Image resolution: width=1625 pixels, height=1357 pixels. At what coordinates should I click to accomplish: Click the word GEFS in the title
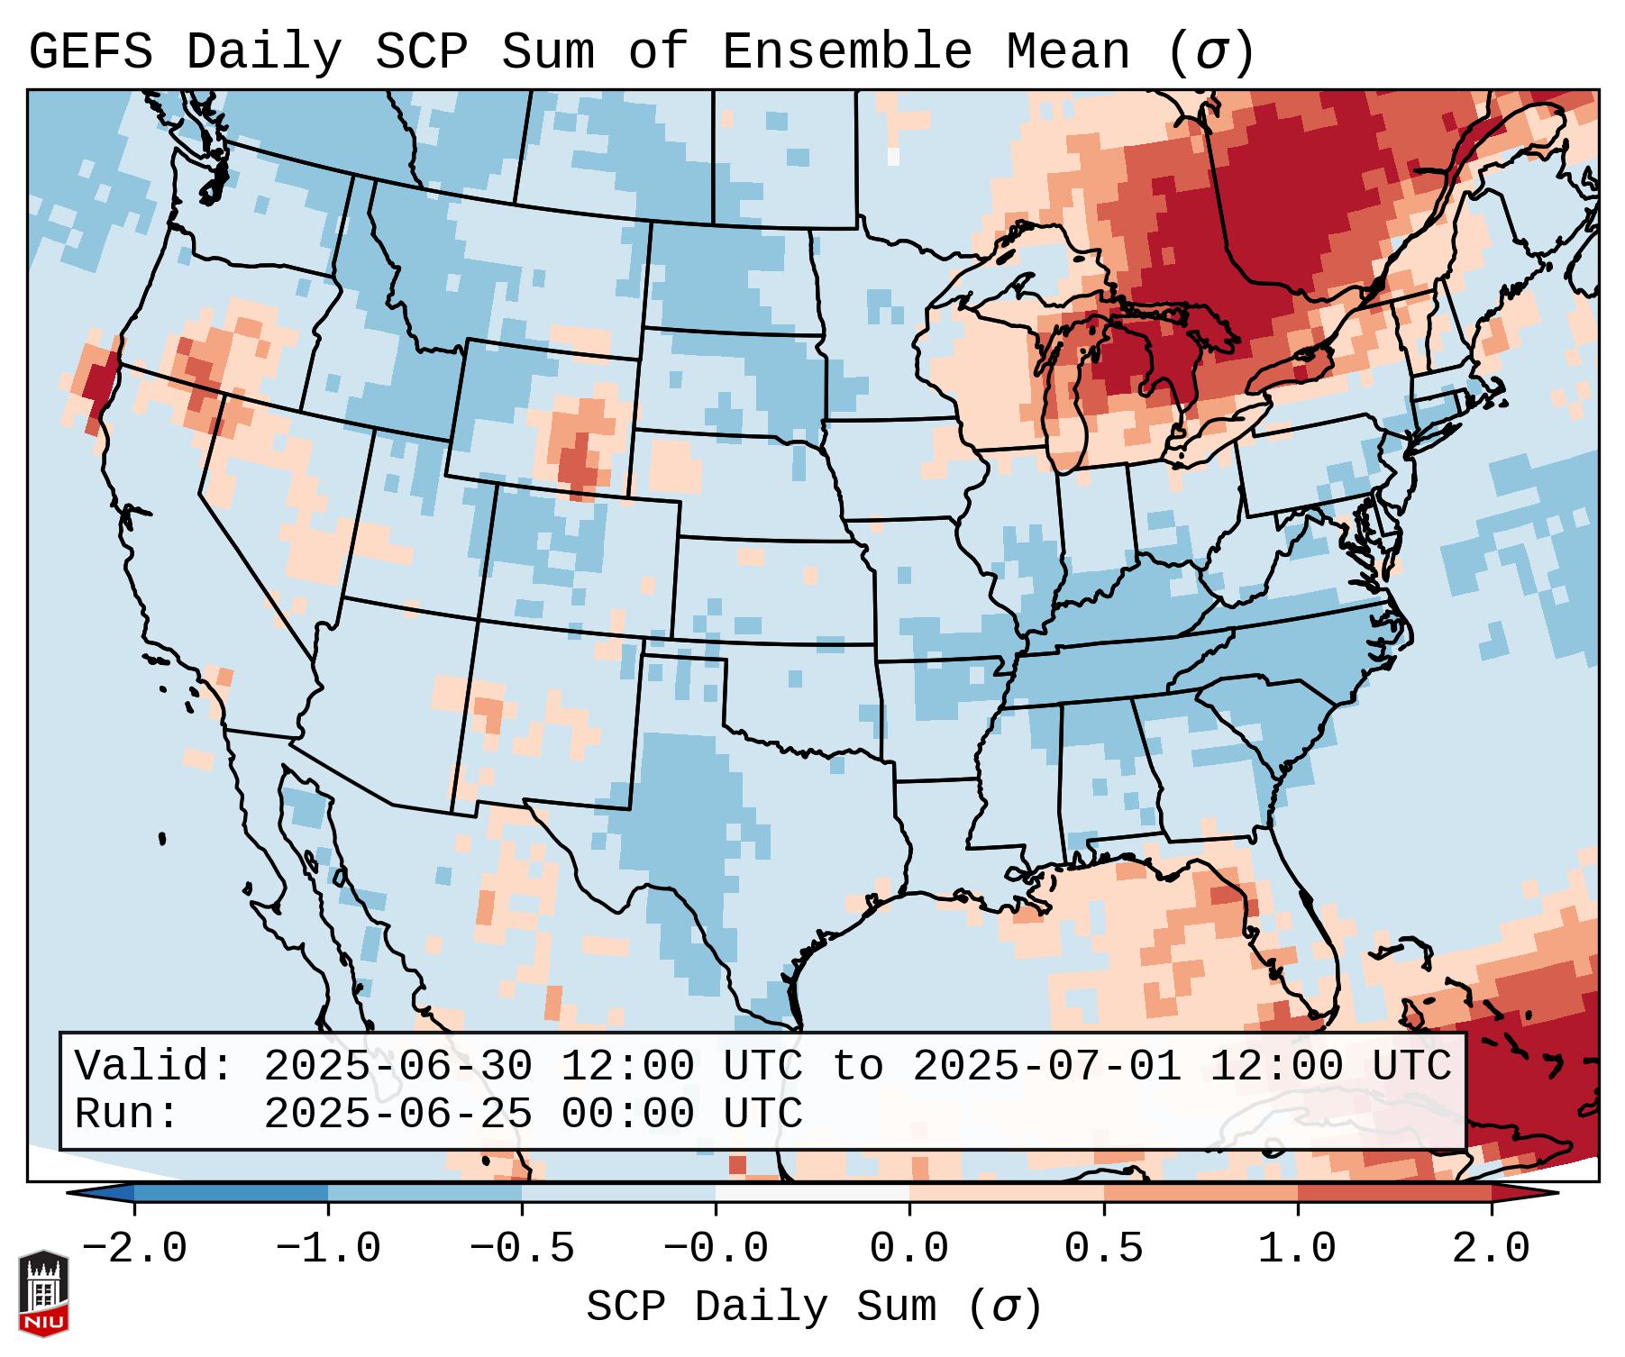pyautogui.click(x=91, y=52)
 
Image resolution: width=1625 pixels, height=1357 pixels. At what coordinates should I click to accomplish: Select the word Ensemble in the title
pyautogui.click(x=847, y=52)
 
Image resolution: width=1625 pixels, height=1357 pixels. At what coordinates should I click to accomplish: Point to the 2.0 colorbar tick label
pyautogui.click(x=1491, y=1249)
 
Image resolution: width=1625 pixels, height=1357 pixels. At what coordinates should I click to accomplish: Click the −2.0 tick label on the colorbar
pyautogui.click(x=134, y=1249)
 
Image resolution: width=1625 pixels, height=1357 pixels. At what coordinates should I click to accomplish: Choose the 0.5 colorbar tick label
pyautogui.click(x=1103, y=1249)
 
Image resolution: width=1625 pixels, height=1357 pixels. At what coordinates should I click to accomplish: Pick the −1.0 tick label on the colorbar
pyautogui.click(x=328, y=1249)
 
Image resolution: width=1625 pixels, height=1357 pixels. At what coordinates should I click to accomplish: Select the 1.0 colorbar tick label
pyautogui.click(x=1297, y=1249)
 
